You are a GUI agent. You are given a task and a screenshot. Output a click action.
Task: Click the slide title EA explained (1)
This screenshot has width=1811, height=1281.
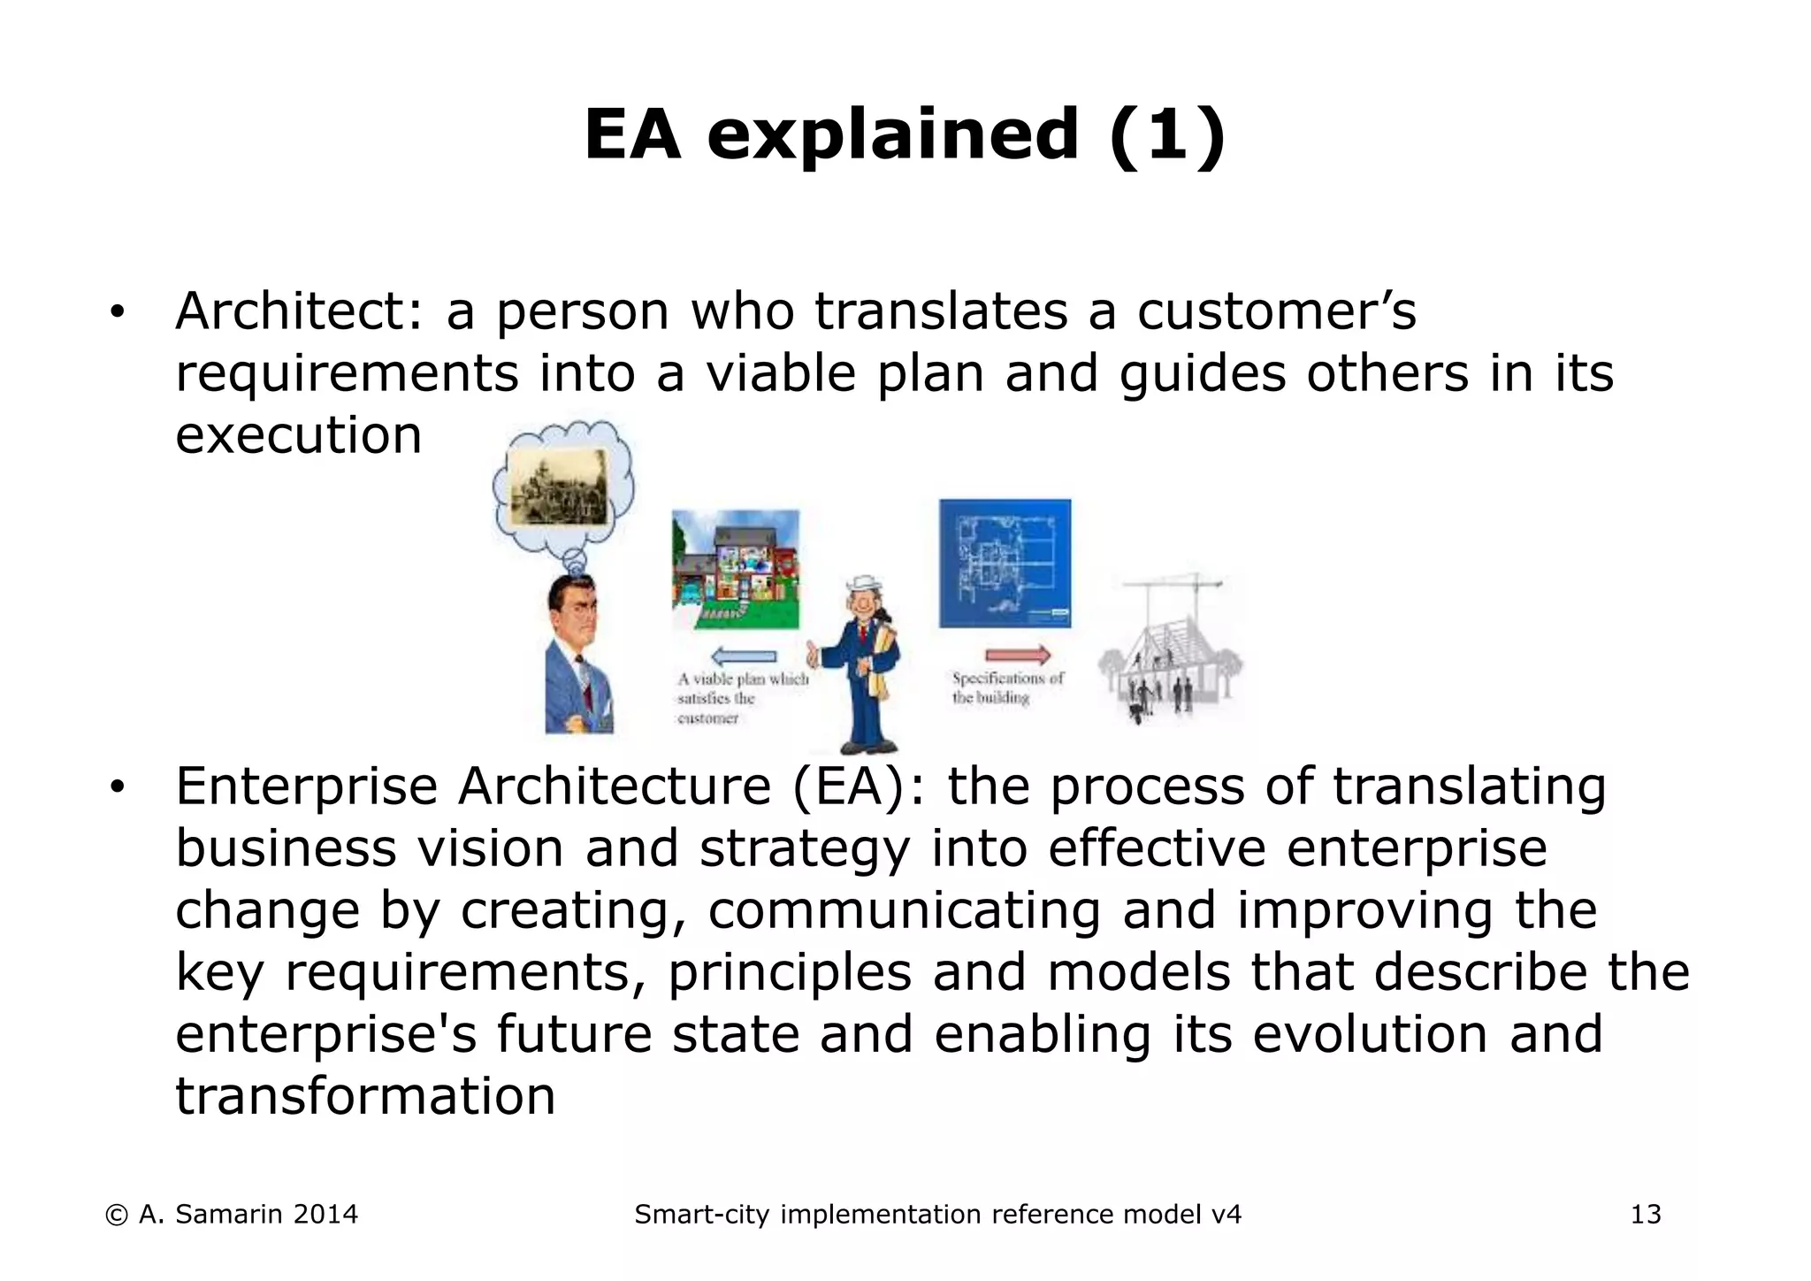(905, 134)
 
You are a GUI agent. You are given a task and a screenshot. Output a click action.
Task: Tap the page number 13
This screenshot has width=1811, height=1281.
(1646, 1215)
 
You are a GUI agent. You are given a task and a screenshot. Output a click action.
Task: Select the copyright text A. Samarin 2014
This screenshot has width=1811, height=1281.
(232, 1215)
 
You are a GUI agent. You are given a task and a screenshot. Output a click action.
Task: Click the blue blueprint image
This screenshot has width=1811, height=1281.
(1005, 564)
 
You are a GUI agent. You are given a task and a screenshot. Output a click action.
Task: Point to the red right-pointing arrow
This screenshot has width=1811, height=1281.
(1018, 656)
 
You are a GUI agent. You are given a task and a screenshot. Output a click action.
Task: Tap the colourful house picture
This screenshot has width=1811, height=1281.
(735, 569)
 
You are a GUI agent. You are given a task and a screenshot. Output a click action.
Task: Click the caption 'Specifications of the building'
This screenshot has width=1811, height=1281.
(1006, 688)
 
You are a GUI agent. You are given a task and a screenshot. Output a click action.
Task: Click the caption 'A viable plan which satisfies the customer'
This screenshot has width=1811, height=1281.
(741, 698)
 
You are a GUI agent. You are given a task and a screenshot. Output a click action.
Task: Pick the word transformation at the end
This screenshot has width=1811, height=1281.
(365, 1096)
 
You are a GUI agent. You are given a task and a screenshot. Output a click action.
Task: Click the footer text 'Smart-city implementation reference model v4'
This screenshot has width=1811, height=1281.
(937, 1215)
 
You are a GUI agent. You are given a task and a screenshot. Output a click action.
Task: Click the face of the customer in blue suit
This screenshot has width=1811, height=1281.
(571, 610)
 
